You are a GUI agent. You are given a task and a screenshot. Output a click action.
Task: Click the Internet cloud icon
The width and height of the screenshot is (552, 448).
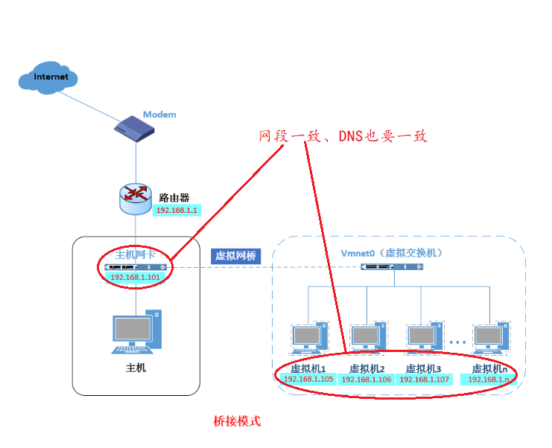(50, 77)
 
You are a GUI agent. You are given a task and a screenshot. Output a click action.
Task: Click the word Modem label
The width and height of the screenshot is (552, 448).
(159, 114)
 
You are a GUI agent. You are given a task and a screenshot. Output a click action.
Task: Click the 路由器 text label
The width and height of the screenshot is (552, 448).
(174, 198)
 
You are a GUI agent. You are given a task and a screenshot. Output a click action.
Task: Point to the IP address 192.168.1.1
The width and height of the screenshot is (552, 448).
(176, 211)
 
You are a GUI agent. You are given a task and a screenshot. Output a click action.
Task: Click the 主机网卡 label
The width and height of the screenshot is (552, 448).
(135, 254)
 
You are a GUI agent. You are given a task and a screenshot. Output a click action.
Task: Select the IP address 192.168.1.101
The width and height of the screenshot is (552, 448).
(135, 277)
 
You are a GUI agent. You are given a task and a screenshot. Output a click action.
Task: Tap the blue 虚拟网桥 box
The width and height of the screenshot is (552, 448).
(235, 255)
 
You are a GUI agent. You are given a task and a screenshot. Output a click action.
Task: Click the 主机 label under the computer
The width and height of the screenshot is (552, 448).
(136, 367)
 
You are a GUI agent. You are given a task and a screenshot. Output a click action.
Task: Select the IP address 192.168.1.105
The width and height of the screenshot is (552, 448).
(308, 379)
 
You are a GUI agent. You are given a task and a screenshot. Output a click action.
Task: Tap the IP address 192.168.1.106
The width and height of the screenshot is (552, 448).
(366, 379)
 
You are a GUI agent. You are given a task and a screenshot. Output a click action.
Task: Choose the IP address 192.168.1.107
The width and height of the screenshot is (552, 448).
(424, 379)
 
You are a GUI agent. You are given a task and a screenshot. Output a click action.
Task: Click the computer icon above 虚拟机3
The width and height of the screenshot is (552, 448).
(425, 338)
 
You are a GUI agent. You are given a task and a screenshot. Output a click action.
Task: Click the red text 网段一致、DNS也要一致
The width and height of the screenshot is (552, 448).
(343, 137)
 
